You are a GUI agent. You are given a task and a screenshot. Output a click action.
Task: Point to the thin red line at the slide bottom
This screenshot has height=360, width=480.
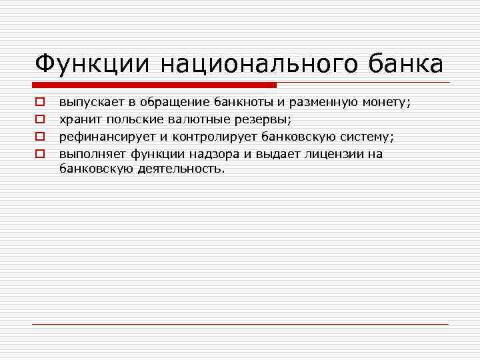pyautogui.click(x=240, y=324)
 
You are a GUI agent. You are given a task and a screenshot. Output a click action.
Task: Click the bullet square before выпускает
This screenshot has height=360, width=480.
pyautogui.click(x=40, y=103)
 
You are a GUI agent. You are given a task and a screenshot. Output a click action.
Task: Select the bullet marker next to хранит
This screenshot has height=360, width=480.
pyautogui.click(x=40, y=119)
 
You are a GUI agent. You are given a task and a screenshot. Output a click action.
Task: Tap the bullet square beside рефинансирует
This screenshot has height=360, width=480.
pyautogui.click(x=40, y=136)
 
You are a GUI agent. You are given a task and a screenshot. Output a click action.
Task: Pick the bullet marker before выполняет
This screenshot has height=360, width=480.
pyautogui.click(x=40, y=153)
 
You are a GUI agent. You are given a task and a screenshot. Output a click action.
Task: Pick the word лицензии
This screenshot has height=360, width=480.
pyautogui.click(x=331, y=153)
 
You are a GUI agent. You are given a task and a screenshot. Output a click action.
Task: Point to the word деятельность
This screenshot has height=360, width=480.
pyautogui.click(x=181, y=169)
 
